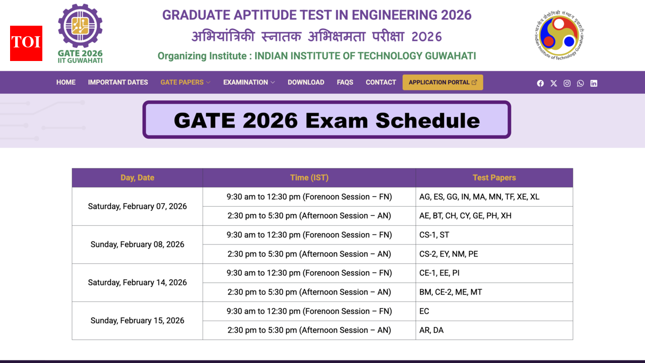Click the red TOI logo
point(26,43)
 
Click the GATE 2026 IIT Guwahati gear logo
point(80,33)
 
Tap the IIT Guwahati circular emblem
point(559,35)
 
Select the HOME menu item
point(66,82)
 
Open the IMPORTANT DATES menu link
point(118,82)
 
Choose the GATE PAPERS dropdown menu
point(185,82)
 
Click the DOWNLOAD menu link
point(306,82)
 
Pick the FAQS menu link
point(345,82)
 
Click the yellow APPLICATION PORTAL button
point(442,82)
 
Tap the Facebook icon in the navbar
point(540,83)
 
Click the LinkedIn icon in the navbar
point(594,83)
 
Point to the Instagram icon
point(567,83)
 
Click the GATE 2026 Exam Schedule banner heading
point(327,120)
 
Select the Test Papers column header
point(494,177)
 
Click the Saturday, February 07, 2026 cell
point(137,206)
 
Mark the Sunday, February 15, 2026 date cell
point(137,321)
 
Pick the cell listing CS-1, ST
point(494,235)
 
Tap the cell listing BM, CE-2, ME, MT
point(494,292)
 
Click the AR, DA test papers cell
point(494,330)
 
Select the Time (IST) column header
point(309,177)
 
